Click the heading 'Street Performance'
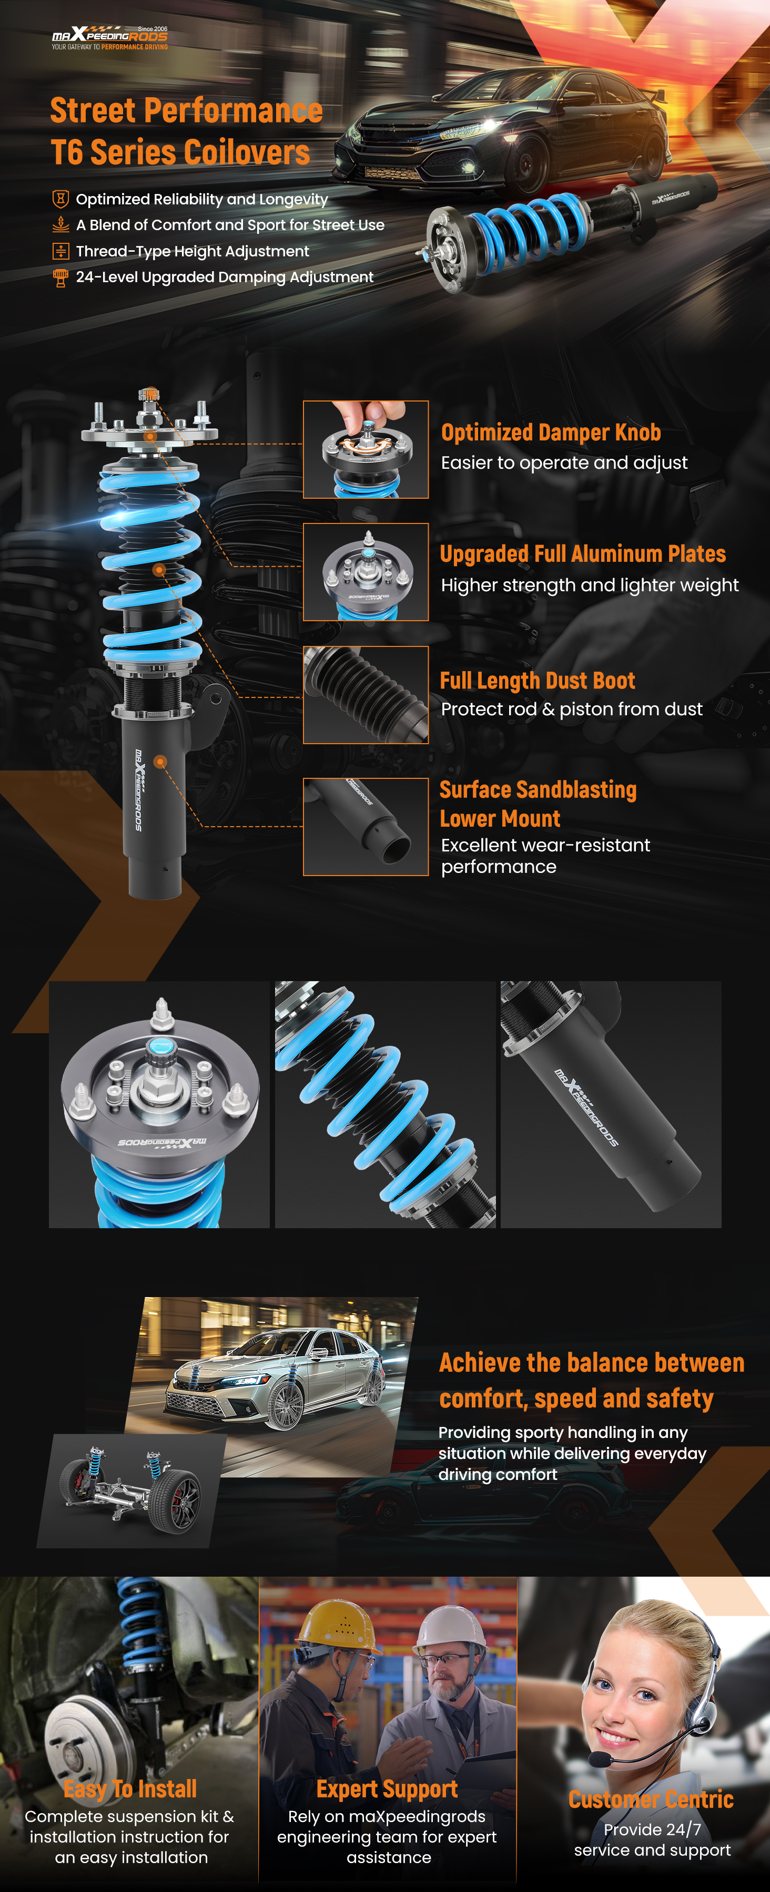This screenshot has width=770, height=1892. [x=187, y=111]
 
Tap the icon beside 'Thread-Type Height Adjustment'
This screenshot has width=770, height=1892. [x=61, y=251]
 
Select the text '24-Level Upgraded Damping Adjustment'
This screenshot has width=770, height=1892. [x=225, y=277]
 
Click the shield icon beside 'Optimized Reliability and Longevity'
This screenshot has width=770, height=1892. [x=61, y=199]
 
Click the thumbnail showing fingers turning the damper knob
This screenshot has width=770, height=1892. [x=366, y=449]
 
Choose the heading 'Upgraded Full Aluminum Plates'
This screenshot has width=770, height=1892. [x=583, y=554]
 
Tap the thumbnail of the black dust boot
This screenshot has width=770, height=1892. [x=366, y=695]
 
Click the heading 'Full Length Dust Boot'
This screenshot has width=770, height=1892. [x=537, y=681]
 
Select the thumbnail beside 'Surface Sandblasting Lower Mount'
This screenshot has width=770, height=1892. [x=366, y=827]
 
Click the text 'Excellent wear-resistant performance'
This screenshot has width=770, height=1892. [x=545, y=856]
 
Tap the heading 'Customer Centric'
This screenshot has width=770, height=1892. [x=651, y=1800]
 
